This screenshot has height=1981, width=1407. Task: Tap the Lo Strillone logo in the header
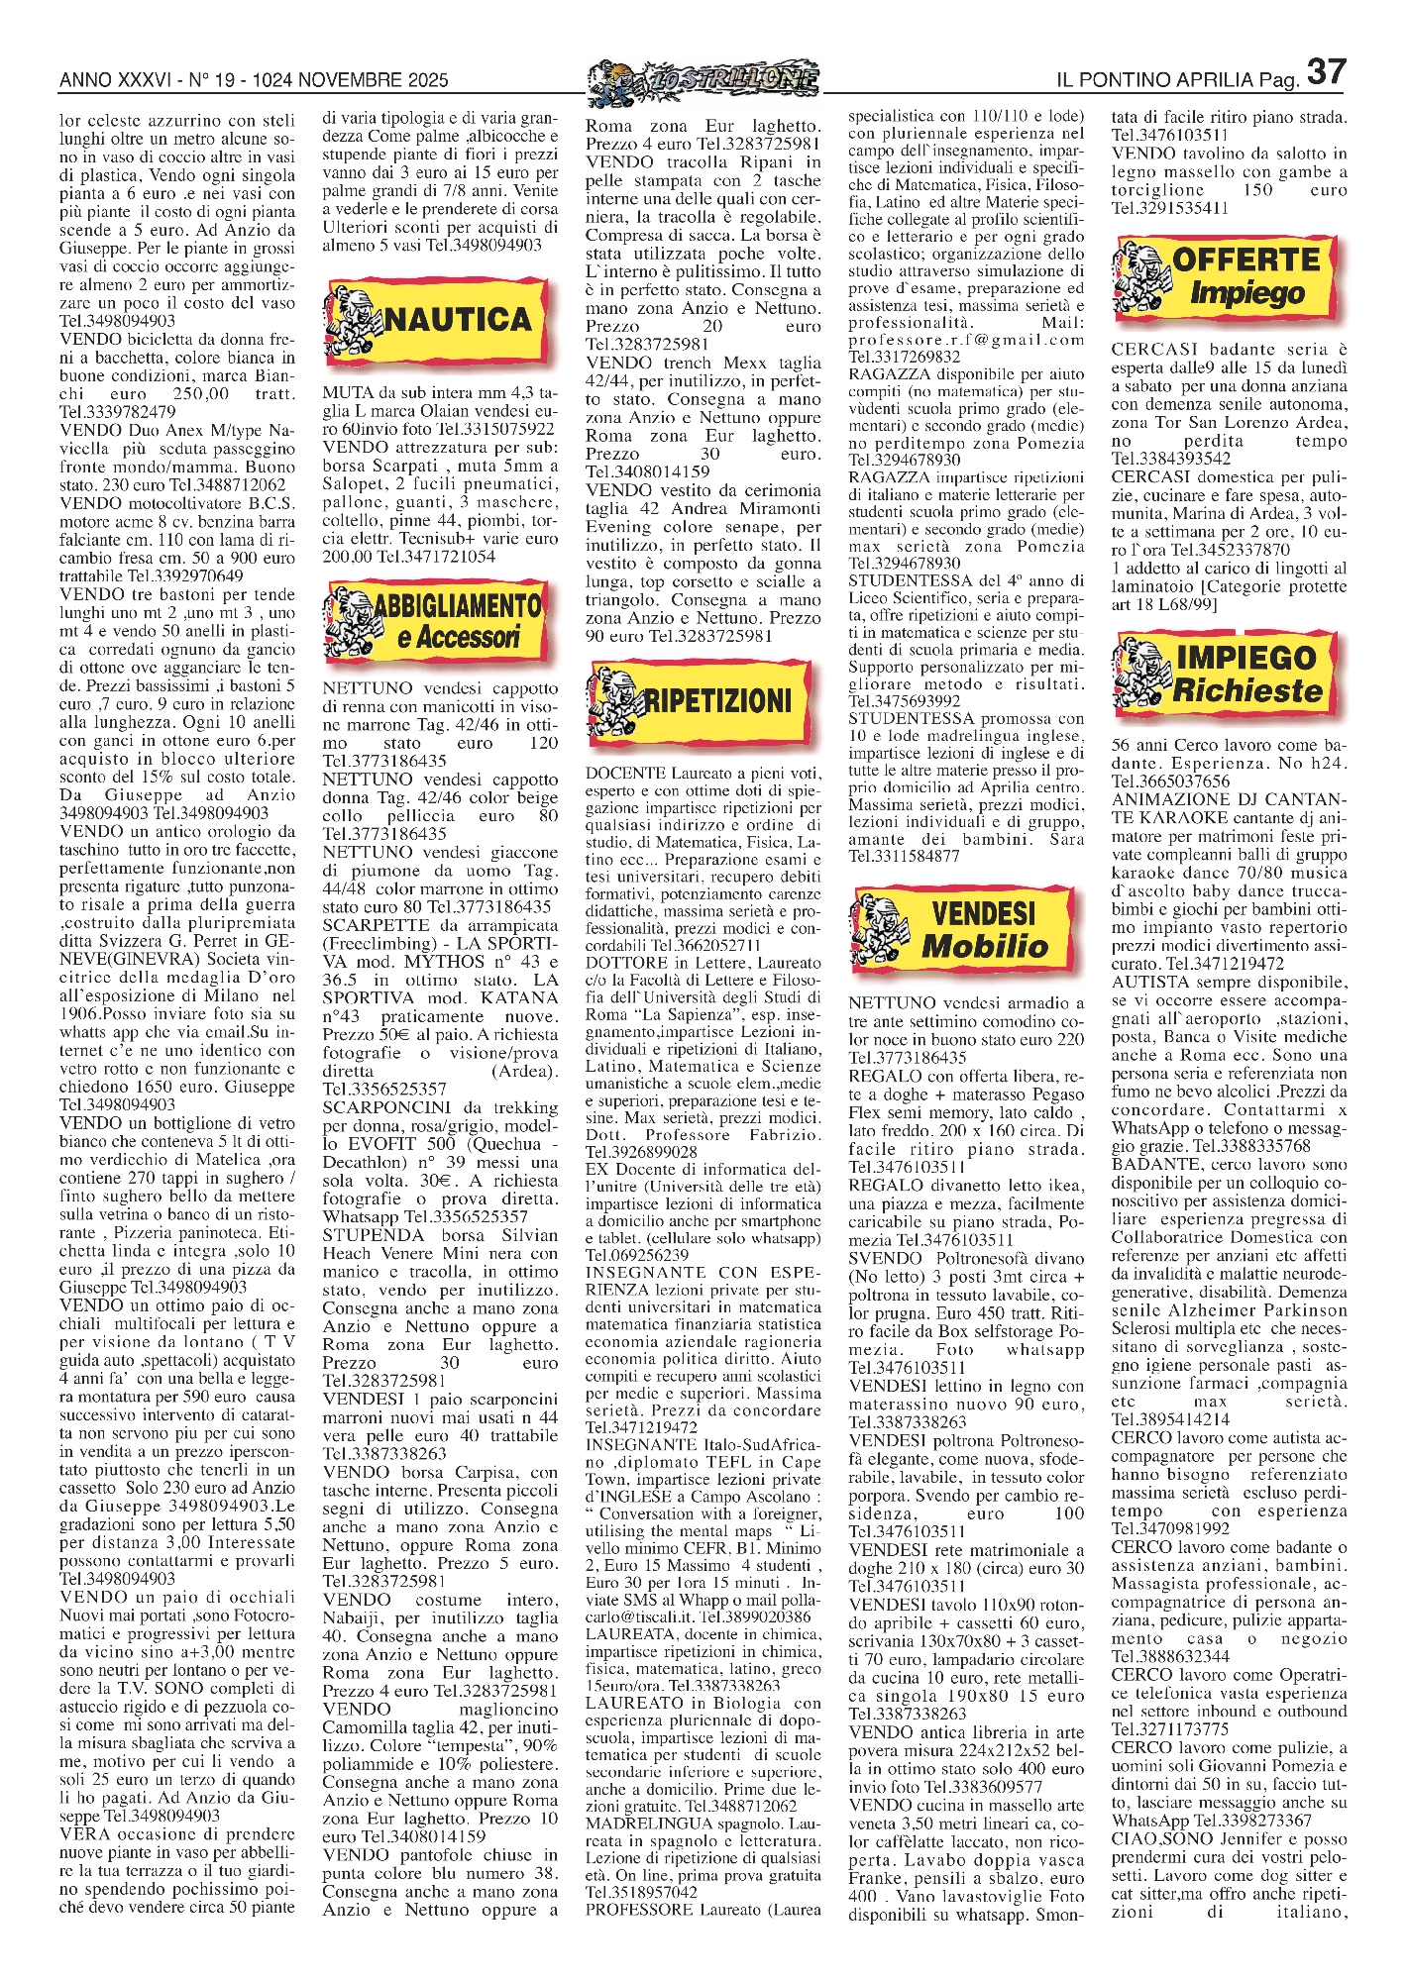click(703, 79)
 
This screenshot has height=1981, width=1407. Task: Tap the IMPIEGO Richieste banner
click(1229, 674)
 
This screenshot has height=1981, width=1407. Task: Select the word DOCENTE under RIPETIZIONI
click(625, 773)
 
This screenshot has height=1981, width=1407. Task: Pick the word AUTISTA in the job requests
click(1147, 983)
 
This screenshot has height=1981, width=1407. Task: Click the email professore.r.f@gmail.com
click(966, 340)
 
